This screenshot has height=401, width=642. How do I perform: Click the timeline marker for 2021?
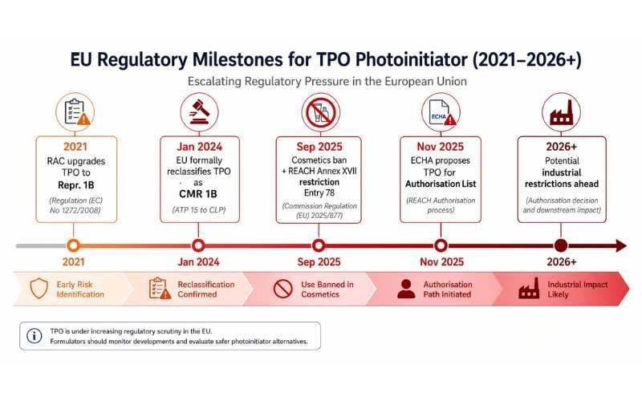[x=74, y=245]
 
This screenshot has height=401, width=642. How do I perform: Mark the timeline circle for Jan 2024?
[x=197, y=245]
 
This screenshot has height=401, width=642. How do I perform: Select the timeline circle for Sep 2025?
[x=319, y=245]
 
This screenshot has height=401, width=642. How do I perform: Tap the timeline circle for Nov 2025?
[x=441, y=245]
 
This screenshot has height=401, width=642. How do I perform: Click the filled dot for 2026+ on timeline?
[x=561, y=245]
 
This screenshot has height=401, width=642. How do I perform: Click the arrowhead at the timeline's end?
[x=620, y=245]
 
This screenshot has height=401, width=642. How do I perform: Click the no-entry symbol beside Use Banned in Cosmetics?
[x=283, y=290]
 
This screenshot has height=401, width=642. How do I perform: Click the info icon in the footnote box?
[x=35, y=336]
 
